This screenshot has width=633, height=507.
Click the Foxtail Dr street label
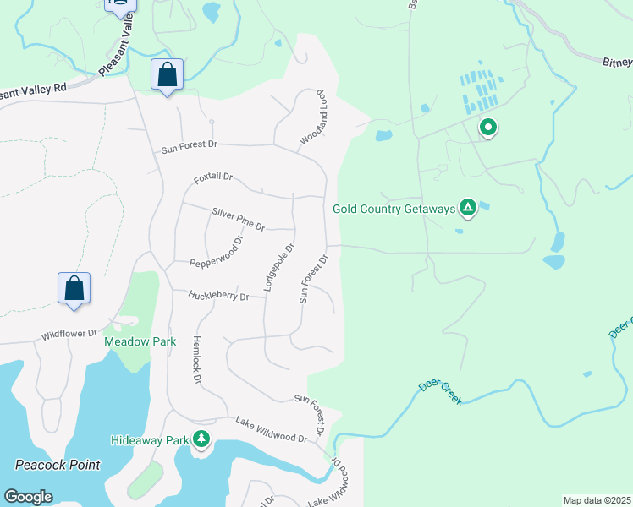[212, 179]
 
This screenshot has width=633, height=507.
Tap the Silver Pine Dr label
[239, 220]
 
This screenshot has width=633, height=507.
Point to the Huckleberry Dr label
[218, 296]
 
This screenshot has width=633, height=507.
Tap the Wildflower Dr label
[69, 335]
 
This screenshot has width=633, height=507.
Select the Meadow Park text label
[140, 341]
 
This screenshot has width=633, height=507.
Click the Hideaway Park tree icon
[201, 439]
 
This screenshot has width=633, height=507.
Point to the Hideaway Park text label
[150, 440]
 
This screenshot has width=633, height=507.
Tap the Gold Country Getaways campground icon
[466, 208]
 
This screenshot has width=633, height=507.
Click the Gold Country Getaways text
[394, 208]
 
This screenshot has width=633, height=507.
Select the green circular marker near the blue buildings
[487, 128]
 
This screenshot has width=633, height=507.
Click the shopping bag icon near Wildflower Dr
[74, 287]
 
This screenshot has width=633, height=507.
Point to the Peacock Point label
[58, 465]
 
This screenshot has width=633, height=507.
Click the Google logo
[28, 497]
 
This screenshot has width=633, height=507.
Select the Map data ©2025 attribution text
[597, 500]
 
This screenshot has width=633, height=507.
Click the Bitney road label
[617, 61]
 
